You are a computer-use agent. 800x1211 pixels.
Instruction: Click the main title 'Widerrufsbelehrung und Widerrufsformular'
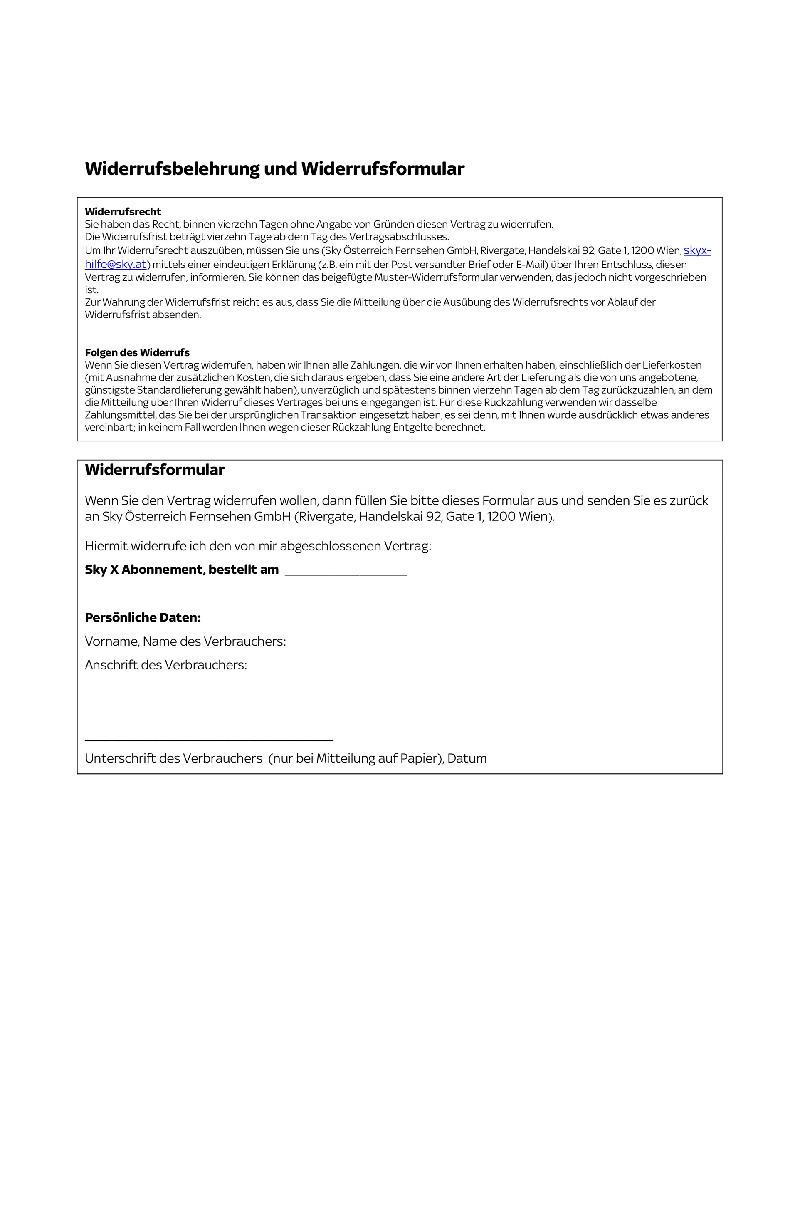click(x=274, y=169)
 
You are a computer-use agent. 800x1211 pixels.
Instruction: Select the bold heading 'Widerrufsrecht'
click(x=123, y=212)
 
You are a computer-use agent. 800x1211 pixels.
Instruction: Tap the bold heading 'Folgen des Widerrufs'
click(x=137, y=353)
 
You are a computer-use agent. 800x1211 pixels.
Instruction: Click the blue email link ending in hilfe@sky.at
click(x=116, y=264)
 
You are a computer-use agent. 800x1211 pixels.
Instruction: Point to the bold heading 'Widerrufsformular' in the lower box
click(x=155, y=470)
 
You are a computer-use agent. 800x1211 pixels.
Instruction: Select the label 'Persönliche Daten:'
click(x=143, y=617)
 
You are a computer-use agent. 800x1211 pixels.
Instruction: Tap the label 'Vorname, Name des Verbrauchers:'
click(x=185, y=641)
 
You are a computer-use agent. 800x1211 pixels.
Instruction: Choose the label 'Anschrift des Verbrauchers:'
click(x=166, y=665)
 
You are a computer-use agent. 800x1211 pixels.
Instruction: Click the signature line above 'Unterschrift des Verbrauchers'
click(x=209, y=740)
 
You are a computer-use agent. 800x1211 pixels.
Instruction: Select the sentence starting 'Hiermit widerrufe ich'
click(x=258, y=546)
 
